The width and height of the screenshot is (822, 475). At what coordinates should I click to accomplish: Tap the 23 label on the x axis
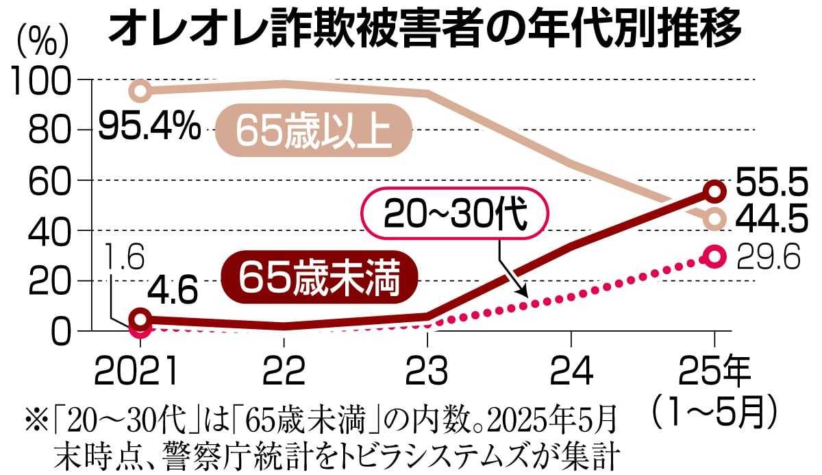click(427, 372)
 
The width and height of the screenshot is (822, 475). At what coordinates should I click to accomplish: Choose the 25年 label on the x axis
click(715, 372)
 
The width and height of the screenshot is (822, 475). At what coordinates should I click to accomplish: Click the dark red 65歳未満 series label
click(321, 277)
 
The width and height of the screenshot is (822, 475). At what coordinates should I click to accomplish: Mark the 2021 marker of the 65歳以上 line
click(140, 90)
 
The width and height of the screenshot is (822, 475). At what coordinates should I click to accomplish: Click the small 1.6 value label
click(126, 260)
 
